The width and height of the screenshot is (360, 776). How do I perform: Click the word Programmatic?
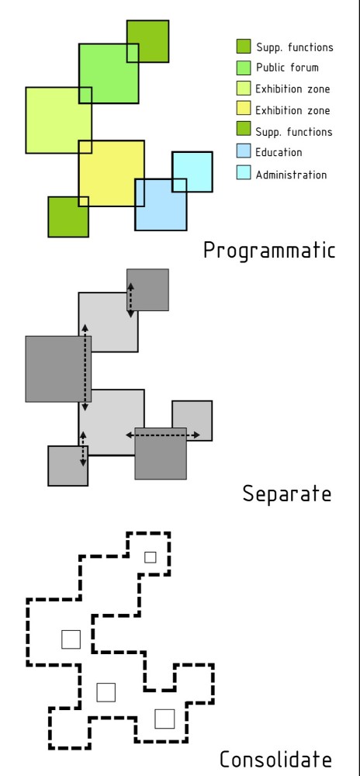click(269, 251)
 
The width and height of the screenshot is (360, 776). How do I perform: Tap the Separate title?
click(287, 494)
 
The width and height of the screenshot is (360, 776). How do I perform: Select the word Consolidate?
click(275, 759)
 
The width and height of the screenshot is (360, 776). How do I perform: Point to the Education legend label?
click(279, 152)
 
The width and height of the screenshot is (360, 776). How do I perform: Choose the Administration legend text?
click(291, 175)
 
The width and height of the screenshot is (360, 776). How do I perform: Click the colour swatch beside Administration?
click(244, 173)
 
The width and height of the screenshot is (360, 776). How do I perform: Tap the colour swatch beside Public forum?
click(244, 68)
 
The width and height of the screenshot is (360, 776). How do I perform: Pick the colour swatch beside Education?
click(244, 151)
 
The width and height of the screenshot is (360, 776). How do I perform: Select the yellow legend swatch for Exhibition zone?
click(244, 109)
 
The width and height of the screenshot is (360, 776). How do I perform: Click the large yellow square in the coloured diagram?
click(111, 173)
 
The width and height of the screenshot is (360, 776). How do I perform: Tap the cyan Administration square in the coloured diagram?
click(192, 171)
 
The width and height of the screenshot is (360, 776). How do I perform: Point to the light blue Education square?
click(161, 204)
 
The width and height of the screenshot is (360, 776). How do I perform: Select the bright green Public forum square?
click(109, 73)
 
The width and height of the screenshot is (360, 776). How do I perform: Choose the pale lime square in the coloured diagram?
click(58, 120)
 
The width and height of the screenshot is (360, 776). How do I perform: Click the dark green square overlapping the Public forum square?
click(147, 41)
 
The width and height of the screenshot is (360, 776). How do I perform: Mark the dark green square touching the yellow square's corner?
click(68, 217)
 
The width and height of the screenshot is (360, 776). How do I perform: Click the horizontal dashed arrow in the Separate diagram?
click(163, 435)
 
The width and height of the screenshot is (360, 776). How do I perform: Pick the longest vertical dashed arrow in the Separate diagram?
click(85, 368)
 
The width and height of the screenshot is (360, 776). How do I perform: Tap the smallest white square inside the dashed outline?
click(151, 557)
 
